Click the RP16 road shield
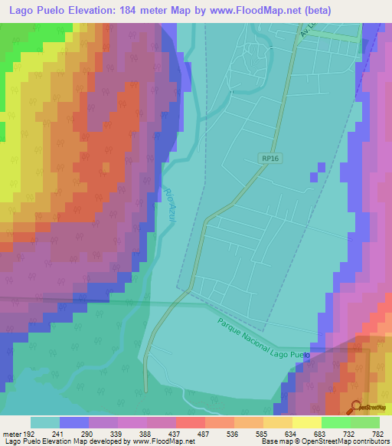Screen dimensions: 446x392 pos(268,158)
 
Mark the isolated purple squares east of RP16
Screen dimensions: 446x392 pos(317,171)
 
